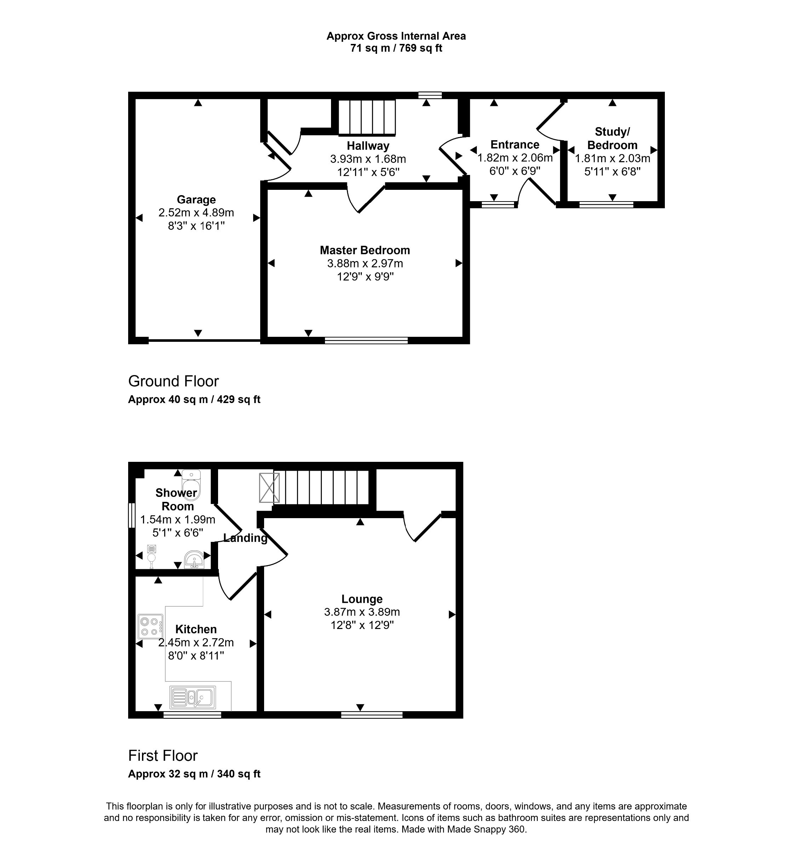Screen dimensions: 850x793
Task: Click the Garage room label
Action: pos(196,200)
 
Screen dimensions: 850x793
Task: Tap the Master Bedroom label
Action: pos(365,250)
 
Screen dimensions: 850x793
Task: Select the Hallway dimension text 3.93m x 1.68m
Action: pos(367,159)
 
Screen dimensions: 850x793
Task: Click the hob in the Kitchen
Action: pos(150,627)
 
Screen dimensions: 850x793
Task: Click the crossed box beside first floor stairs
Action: pos(269,487)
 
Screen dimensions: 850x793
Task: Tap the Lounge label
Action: pos(362,599)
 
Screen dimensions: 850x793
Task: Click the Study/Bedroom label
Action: pos(612,138)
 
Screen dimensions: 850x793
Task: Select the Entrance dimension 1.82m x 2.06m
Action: pos(515,158)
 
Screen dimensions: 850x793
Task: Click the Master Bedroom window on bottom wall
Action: pos(366,340)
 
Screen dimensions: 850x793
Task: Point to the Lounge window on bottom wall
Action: pos(371,714)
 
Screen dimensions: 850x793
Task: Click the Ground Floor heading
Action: pos(173,381)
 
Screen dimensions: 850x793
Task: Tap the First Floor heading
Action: pos(163,755)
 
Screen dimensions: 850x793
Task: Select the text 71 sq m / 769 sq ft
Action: pos(396,48)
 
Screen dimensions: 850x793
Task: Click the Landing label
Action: pos(245,538)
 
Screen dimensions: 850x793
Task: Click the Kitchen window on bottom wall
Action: pos(192,714)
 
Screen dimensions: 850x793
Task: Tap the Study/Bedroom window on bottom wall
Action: pos(606,205)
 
